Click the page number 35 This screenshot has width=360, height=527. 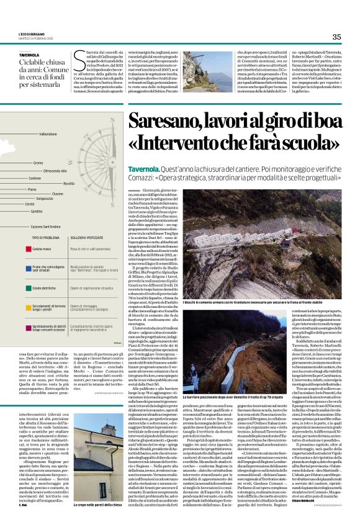click(x=337, y=37)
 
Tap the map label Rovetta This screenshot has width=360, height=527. click(x=68, y=184)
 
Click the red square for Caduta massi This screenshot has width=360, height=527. click(x=29, y=248)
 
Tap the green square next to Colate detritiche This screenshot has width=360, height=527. click(x=29, y=288)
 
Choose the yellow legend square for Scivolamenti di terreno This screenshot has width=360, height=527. click(x=29, y=307)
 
